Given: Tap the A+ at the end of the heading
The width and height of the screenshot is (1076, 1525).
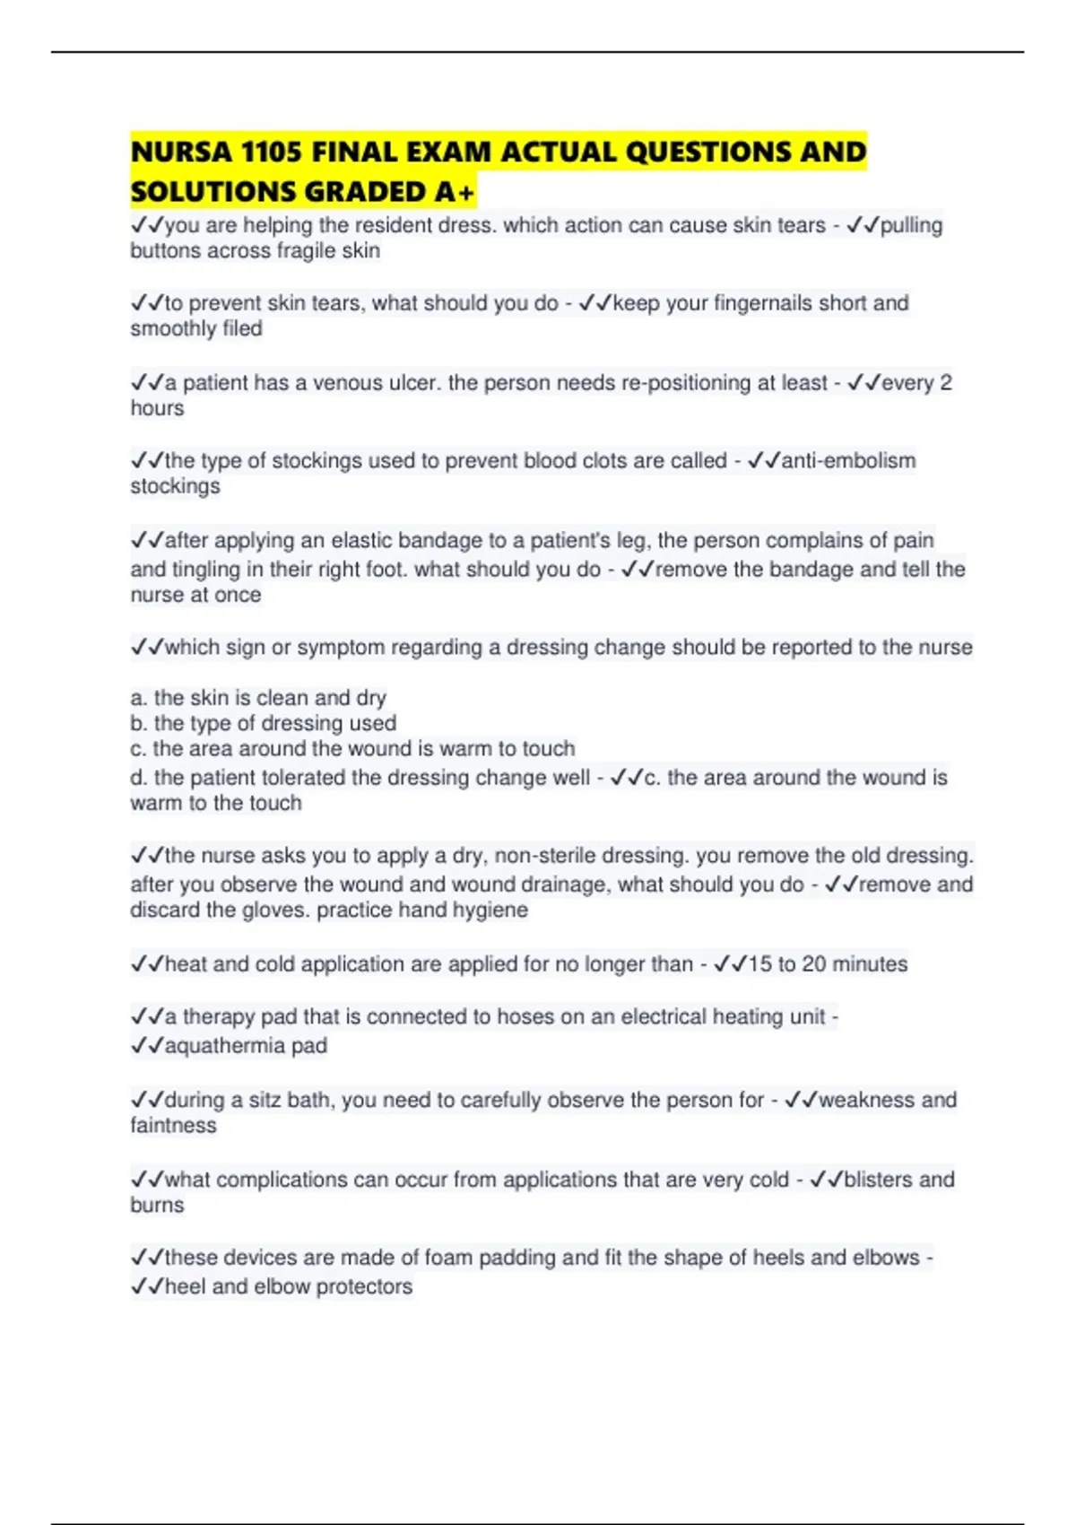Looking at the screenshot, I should click(x=456, y=192).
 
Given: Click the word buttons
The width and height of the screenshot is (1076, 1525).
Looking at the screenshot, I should click(x=165, y=251).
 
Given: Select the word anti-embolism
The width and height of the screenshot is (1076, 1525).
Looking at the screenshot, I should click(x=848, y=461).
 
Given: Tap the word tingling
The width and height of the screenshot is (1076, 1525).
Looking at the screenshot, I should click(x=207, y=570).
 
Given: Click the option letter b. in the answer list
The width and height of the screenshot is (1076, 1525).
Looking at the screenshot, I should click(x=139, y=724).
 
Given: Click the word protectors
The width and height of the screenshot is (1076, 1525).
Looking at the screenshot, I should click(x=364, y=1287).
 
